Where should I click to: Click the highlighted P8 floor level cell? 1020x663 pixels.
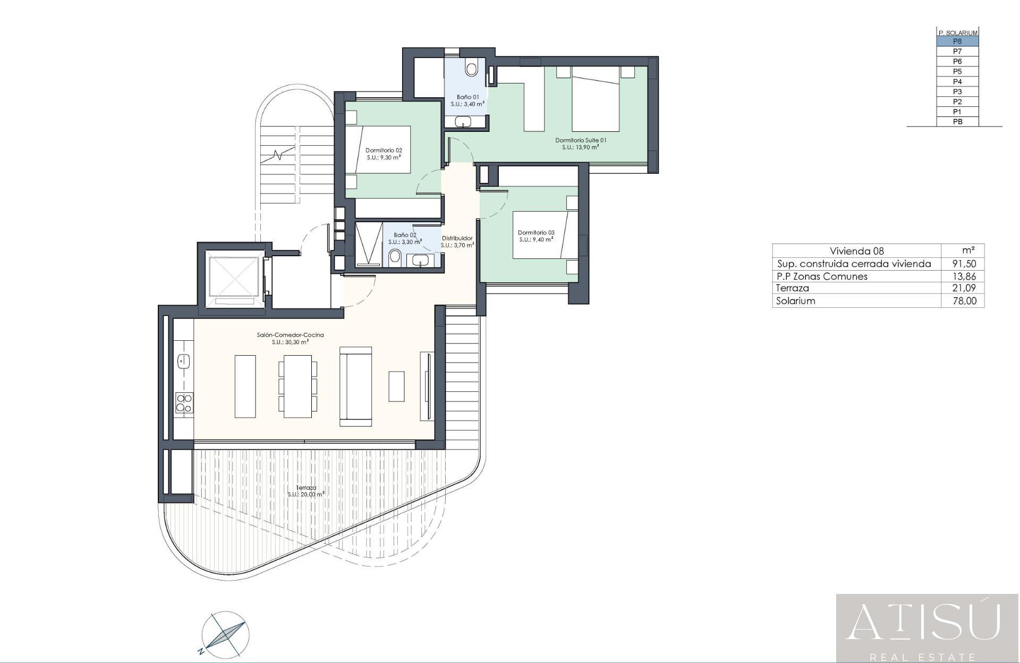[957, 41]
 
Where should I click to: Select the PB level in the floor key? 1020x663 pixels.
[957, 122]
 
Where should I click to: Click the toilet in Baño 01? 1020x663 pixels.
[471, 68]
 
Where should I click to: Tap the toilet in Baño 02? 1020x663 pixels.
[395, 258]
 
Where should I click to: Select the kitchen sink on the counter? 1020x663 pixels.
[183, 362]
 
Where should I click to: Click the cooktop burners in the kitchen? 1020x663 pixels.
[184, 403]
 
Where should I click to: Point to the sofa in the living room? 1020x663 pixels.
[355, 387]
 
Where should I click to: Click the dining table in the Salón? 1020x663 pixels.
[297, 386]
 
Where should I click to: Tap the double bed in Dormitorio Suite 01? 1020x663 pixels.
[596, 99]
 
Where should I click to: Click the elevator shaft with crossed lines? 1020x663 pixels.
[233, 276]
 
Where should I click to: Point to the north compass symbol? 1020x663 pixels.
[225, 633]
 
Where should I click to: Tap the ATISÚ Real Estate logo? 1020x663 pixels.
[927, 628]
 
